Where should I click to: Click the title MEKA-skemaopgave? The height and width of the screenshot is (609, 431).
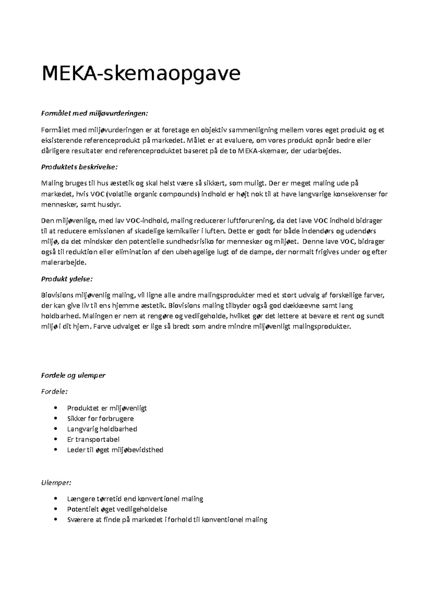tap(141, 74)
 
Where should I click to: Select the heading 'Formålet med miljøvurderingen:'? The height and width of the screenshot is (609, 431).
tap(94, 114)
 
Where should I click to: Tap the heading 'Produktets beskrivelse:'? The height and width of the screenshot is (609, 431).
tap(79, 167)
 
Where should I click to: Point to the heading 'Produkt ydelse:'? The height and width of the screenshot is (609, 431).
tap(67, 279)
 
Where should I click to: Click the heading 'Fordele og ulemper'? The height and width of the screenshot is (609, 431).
tap(73, 376)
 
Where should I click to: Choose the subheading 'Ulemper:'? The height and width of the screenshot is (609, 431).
tap(56, 482)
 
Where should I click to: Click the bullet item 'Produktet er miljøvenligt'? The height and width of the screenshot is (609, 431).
tap(107, 408)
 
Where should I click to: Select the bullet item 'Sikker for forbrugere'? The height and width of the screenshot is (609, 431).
tap(100, 419)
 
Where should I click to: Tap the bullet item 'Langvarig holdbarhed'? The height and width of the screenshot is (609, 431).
tap(102, 429)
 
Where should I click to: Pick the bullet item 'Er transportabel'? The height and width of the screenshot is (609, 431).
tap(93, 439)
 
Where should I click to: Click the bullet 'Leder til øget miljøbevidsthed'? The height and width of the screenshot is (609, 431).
tap(115, 450)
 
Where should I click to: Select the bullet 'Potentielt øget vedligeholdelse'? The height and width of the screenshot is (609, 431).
tap(117, 509)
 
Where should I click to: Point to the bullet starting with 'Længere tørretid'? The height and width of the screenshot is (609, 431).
tap(135, 499)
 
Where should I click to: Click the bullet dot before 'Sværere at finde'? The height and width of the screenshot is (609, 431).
tap(55, 520)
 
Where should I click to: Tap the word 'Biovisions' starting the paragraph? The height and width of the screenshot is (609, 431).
tap(57, 296)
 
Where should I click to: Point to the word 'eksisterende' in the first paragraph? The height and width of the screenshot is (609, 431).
tap(61, 141)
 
